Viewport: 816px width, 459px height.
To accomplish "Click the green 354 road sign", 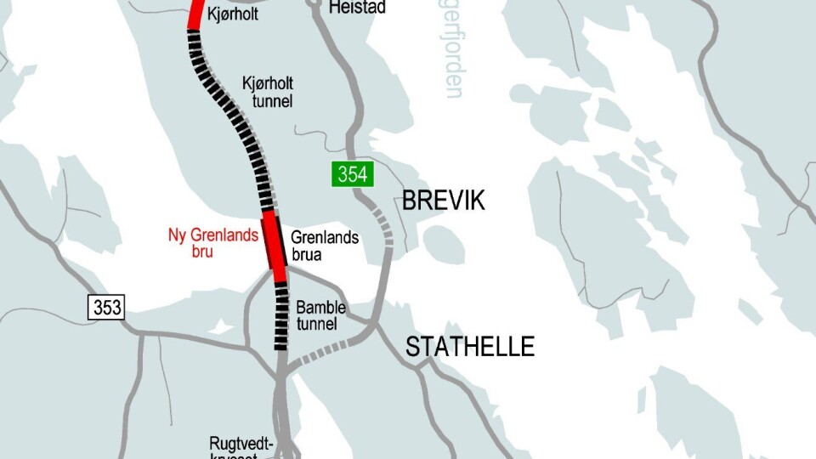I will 352,175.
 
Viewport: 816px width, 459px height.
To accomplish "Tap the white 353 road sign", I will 107,307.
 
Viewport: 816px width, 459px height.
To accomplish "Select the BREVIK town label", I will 443,201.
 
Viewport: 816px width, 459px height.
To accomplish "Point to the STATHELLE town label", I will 470,347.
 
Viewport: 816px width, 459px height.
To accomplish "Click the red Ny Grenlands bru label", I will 212,243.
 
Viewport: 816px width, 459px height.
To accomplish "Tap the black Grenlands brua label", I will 325,246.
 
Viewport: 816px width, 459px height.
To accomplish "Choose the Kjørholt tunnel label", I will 267,93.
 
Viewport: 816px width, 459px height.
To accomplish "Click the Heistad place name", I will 358,8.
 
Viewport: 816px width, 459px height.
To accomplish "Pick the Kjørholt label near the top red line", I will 231,13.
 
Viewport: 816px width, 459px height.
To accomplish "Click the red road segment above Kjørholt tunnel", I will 195,13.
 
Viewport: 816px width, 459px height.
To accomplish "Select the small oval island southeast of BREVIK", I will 442,245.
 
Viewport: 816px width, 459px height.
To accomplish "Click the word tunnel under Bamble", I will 317,324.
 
